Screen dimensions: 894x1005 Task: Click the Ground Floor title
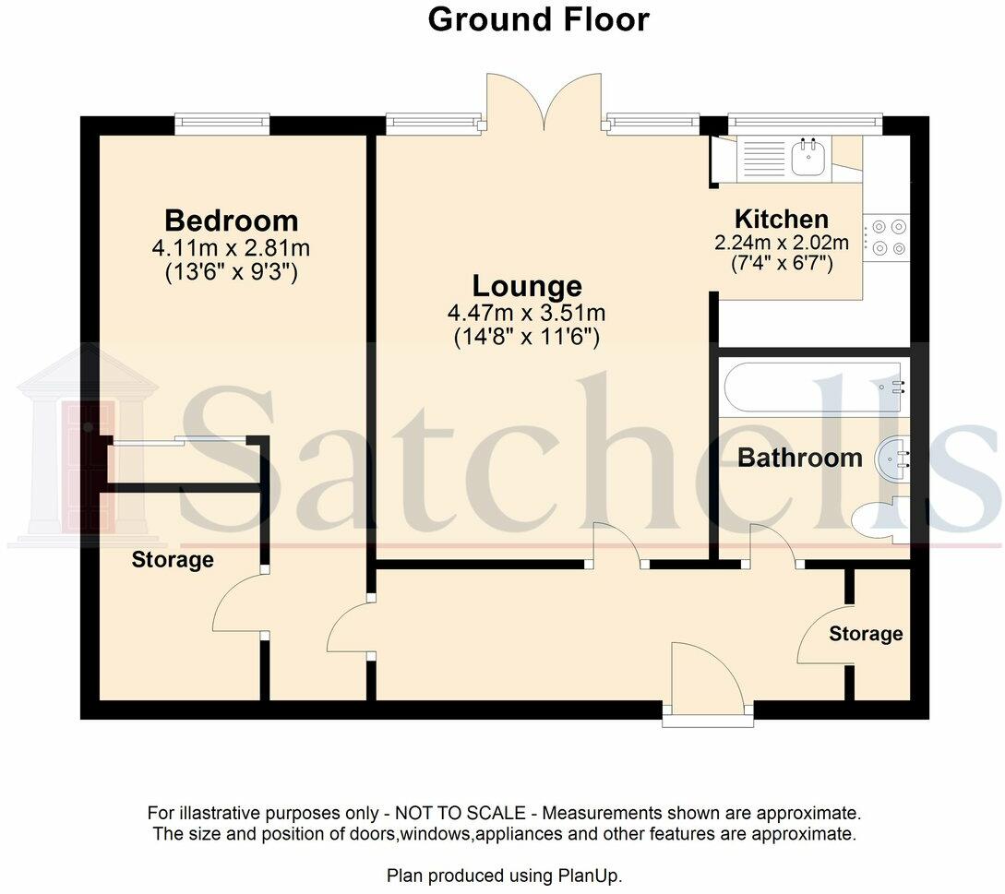[x=538, y=18]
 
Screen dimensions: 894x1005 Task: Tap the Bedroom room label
[x=231, y=221]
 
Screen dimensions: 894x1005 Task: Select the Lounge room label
[x=527, y=286]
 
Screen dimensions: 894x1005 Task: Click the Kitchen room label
[x=781, y=220]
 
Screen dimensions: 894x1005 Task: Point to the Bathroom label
[x=799, y=458]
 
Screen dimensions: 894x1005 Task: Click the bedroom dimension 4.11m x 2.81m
[x=231, y=248]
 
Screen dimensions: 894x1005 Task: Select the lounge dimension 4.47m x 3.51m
[x=527, y=314]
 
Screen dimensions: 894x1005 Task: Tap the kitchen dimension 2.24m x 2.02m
[x=781, y=243]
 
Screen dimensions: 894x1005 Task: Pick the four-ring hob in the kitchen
[x=886, y=236]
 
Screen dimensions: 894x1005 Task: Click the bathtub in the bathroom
[x=812, y=387]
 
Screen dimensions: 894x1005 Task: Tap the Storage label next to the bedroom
[x=173, y=559]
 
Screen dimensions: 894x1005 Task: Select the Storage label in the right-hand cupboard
[x=866, y=634]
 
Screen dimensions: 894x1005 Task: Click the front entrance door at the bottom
[x=708, y=683]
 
